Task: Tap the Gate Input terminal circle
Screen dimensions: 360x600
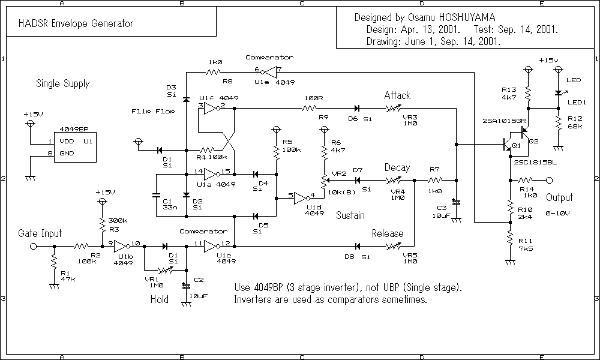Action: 34,246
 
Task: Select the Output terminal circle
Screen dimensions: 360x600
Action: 548,179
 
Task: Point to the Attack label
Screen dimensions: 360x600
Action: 397,95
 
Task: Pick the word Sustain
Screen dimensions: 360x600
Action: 350,215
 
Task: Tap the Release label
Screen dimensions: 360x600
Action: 388,233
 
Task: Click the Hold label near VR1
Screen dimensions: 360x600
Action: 159,299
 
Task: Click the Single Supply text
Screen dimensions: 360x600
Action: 62,83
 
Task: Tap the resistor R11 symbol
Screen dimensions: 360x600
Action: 509,242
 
